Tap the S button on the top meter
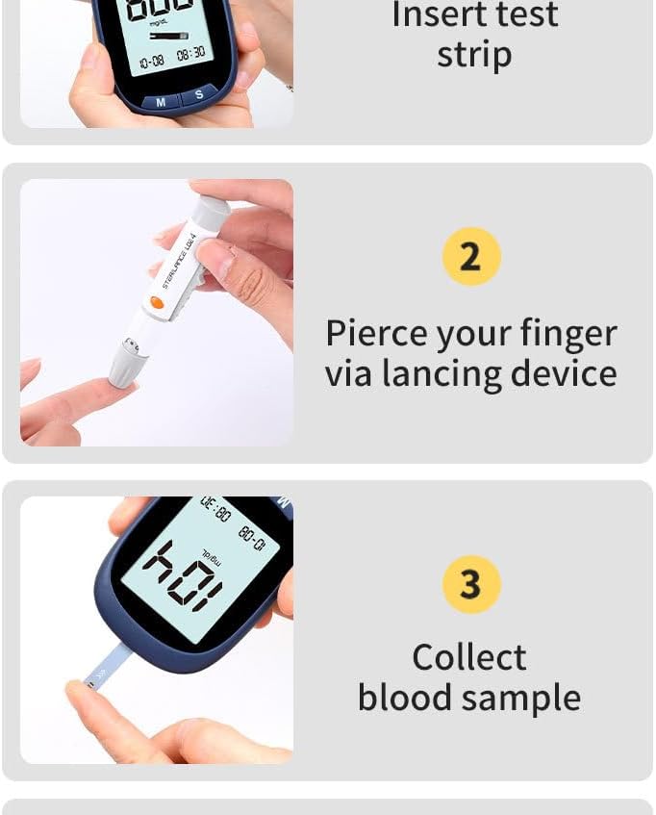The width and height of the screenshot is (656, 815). (199, 94)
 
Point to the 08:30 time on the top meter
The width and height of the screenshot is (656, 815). (190, 54)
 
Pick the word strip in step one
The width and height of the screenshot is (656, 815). (474, 55)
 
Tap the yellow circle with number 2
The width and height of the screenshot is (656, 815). (471, 257)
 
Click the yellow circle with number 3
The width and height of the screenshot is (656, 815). (470, 584)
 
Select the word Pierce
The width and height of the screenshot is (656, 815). (376, 334)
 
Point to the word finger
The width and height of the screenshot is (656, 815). (568, 334)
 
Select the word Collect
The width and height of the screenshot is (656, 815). (469, 657)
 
